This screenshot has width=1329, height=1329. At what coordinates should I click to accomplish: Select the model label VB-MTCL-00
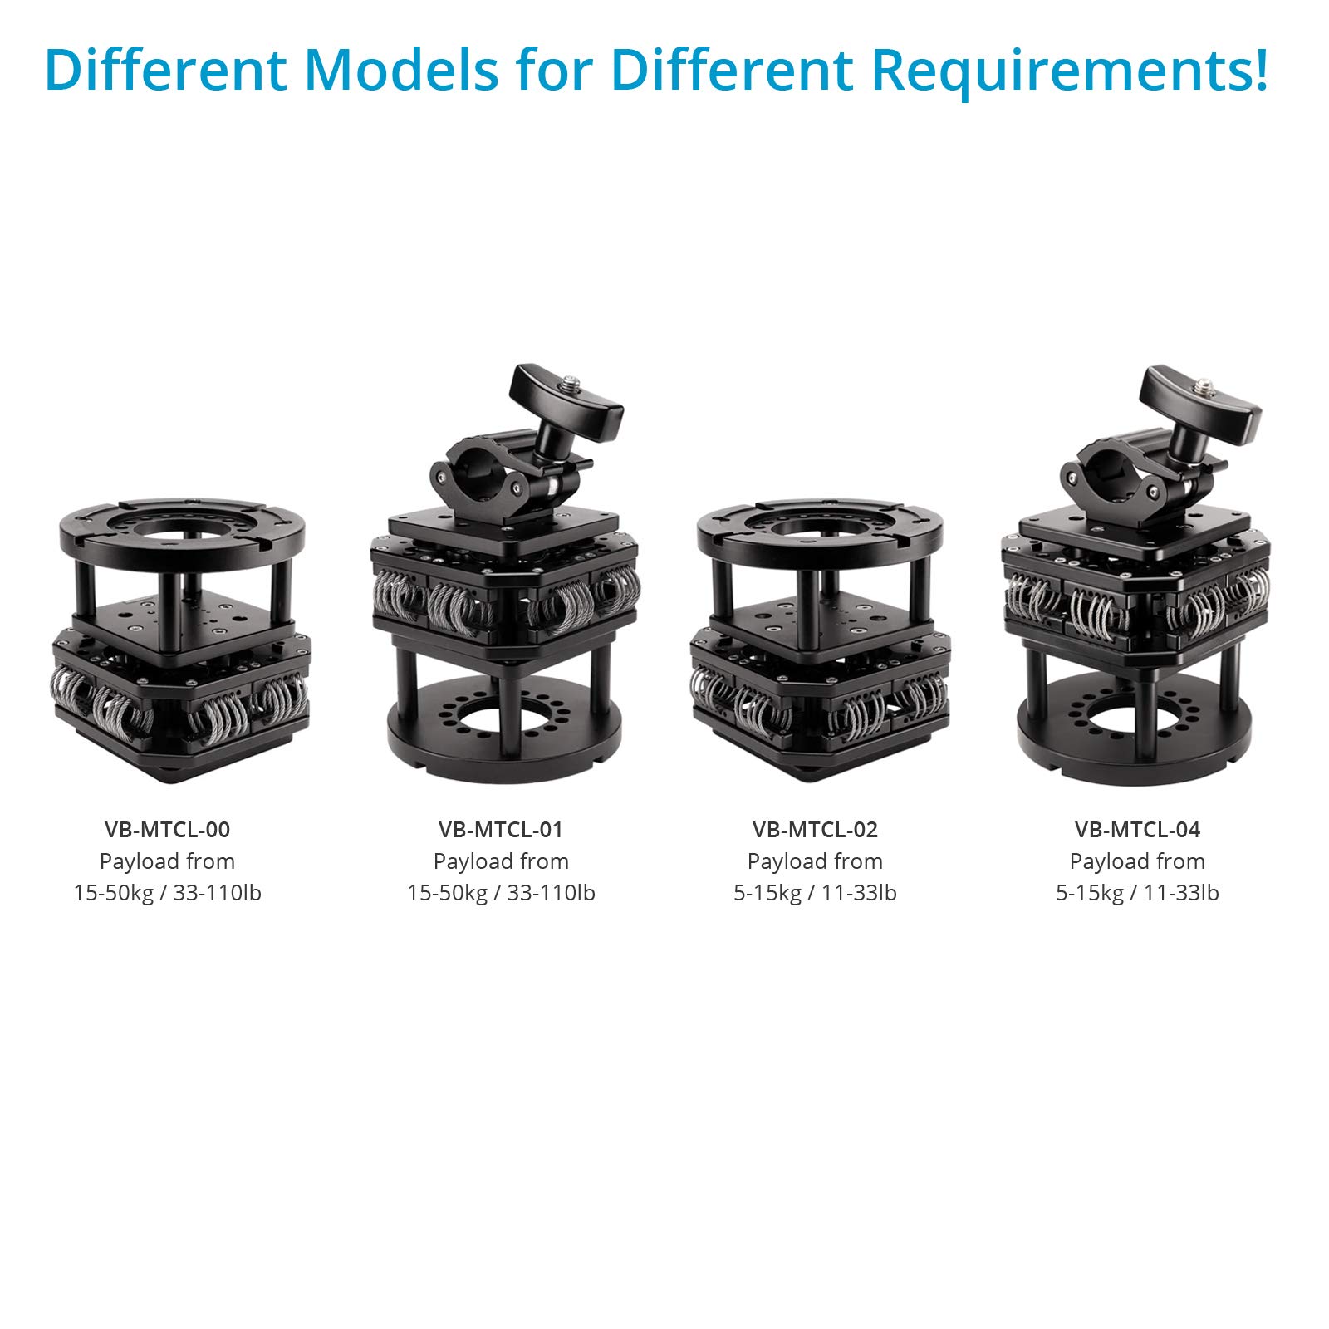pyautogui.click(x=167, y=829)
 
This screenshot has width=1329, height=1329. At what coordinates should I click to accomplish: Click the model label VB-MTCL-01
pyautogui.click(x=501, y=829)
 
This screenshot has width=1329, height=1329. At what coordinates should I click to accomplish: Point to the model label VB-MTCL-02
pyautogui.click(x=815, y=829)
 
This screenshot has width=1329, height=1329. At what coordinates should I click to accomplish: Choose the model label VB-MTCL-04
pyautogui.click(x=1137, y=829)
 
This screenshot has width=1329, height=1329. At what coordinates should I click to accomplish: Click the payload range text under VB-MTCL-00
pyautogui.click(x=167, y=893)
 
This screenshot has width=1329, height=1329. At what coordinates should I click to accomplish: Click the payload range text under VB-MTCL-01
pyautogui.click(x=501, y=893)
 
